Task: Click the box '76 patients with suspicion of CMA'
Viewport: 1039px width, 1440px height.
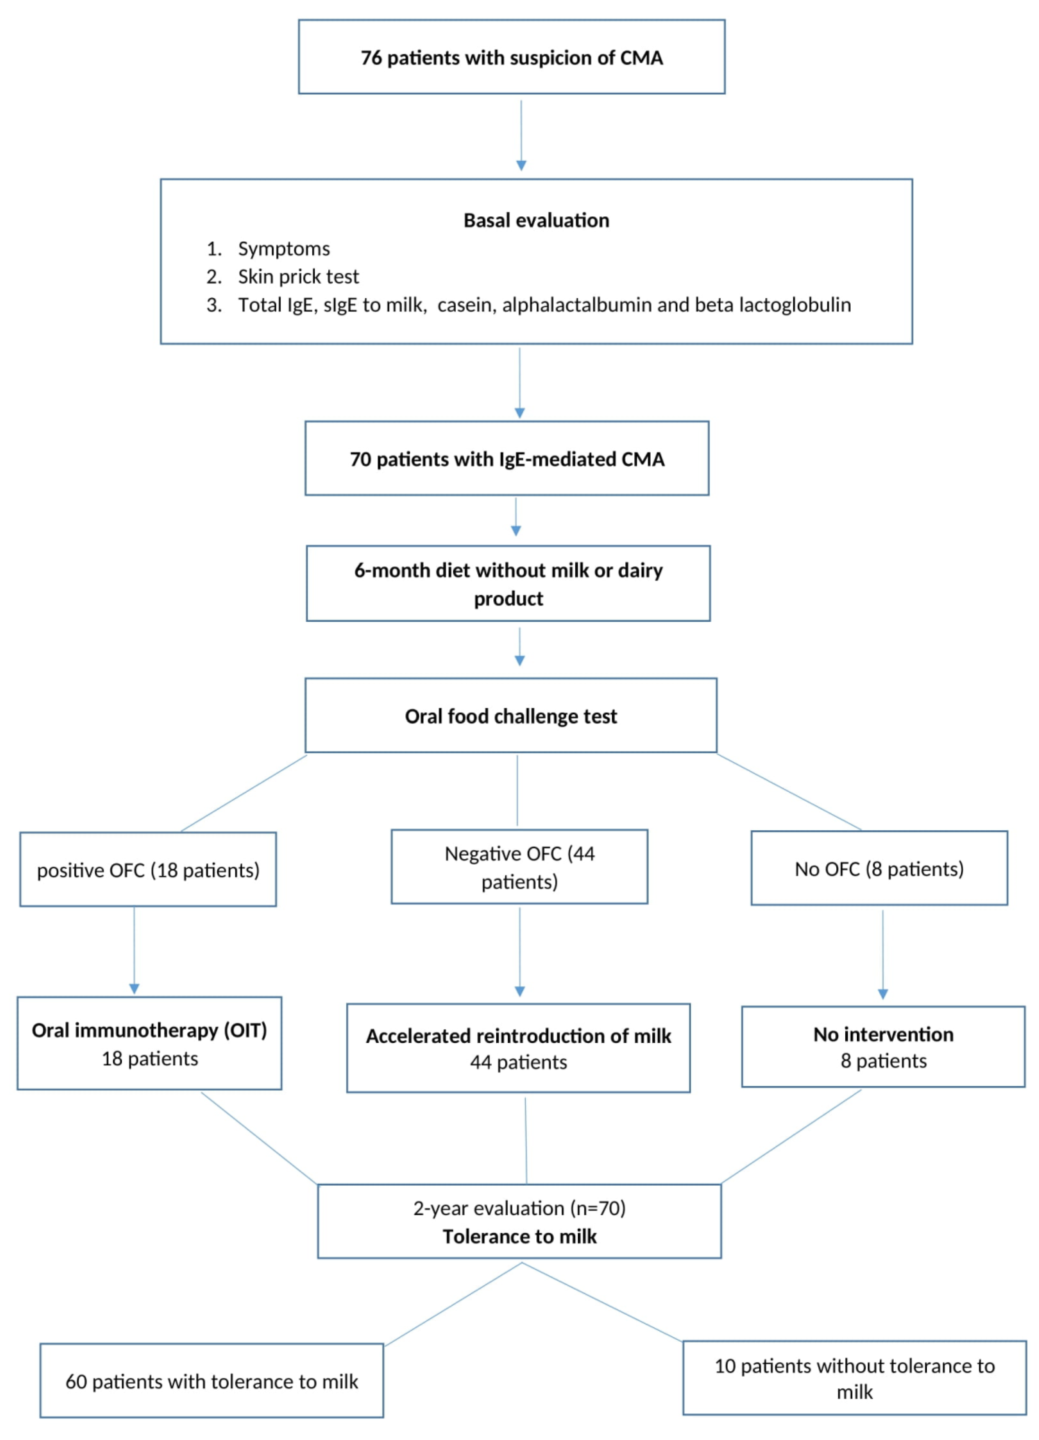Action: point(511,57)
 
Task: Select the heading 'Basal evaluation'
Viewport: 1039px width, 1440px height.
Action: point(536,220)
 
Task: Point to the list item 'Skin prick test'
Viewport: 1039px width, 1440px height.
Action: point(298,277)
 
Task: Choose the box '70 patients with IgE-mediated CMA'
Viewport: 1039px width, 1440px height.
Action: point(507,458)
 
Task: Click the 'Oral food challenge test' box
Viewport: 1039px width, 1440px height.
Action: point(511,716)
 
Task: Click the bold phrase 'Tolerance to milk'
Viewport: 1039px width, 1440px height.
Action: point(520,1236)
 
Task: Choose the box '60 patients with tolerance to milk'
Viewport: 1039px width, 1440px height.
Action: point(211,1382)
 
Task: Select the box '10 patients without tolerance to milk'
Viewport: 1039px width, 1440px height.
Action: point(854,1378)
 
